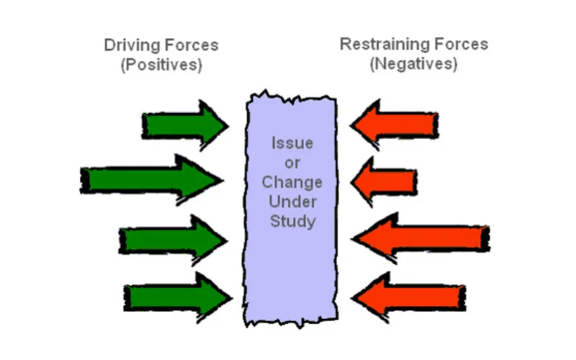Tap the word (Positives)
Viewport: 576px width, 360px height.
(x=161, y=64)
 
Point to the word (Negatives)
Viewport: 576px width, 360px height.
(x=413, y=63)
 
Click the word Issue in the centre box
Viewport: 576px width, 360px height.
(x=292, y=143)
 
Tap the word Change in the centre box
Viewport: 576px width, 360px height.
(x=292, y=182)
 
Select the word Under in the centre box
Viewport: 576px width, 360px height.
(x=292, y=202)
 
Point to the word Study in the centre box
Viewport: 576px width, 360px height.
(x=292, y=221)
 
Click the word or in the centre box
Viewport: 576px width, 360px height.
(x=292, y=163)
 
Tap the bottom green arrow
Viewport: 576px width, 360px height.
(x=177, y=296)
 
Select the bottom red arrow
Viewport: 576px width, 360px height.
(x=410, y=294)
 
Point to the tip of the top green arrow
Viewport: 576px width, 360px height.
(x=227, y=125)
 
